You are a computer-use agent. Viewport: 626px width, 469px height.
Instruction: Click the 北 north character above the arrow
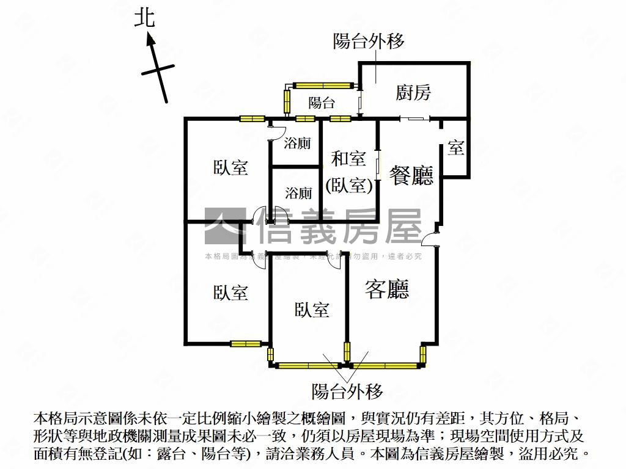(145, 18)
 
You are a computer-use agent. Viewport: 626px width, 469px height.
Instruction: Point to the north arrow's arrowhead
(150, 40)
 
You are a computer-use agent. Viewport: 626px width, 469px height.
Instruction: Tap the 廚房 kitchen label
(413, 93)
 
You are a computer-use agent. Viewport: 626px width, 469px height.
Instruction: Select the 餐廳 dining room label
(411, 175)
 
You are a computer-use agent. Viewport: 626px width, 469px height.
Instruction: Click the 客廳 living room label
(387, 289)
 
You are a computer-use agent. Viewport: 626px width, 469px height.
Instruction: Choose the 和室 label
(348, 159)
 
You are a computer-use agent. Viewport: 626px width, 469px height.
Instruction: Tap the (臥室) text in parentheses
(349, 185)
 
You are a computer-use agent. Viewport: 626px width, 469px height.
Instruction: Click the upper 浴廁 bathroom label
(298, 144)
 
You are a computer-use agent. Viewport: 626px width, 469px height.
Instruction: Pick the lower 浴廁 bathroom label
(298, 194)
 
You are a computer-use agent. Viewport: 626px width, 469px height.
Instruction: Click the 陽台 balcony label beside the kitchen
(322, 103)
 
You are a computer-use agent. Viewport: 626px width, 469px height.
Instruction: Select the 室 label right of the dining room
(455, 147)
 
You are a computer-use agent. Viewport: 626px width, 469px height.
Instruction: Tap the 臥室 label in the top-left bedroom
(230, 168)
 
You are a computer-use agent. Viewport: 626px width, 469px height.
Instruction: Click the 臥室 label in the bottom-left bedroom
(230, 293)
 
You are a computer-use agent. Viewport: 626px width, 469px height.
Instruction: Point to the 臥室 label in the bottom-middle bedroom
(312, 310)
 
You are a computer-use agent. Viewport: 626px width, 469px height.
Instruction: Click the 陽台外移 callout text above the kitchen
(369, 42)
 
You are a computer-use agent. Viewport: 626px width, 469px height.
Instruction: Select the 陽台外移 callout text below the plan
(347, 390)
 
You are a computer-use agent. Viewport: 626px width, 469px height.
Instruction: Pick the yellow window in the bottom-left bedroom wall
(246, 343)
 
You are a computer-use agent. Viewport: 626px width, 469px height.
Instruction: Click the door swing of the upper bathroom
(277, 129)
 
